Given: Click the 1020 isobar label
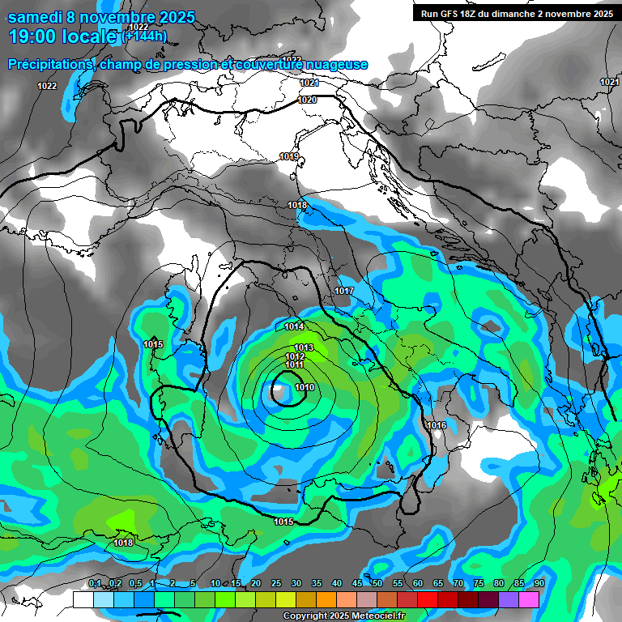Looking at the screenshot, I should point(307,100).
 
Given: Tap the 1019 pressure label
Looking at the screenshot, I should point(289,156).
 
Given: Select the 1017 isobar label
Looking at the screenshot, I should point(344,291).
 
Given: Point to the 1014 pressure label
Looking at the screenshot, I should point(294,326).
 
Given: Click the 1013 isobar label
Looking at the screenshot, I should point(304,347).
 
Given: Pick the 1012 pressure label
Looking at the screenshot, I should point(295,356).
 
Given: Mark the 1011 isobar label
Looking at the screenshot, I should point(294,365).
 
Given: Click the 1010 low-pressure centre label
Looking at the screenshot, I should point(305,388).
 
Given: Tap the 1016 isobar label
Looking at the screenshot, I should point(437,425).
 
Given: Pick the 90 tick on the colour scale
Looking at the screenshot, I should point(539,584).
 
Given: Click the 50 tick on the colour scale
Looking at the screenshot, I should point(377,584).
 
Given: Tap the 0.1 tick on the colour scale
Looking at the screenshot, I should point(95,584).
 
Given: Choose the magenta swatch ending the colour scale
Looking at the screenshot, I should point(529,599).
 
